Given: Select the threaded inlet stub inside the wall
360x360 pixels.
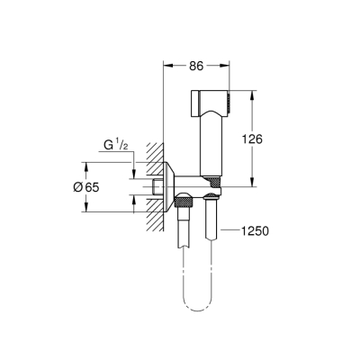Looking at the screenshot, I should [157, 186].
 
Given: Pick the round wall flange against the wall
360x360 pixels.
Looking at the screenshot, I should [168, 186].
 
